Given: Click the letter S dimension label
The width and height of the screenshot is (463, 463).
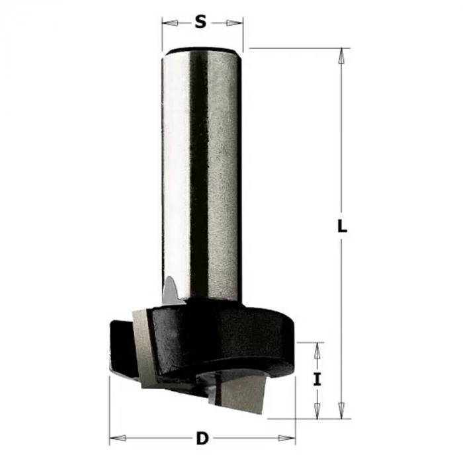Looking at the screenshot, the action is coord(200,22).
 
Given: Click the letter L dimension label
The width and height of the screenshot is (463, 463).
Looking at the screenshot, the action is coord(342,226).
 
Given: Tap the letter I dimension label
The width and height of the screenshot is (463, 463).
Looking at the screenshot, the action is coord(317,380).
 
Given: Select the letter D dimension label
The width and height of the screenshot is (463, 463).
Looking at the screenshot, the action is coord(202,438).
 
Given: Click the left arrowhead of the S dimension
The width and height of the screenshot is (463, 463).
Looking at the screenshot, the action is coord(171,22).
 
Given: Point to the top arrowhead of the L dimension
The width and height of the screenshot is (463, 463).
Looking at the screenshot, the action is coord(342,56).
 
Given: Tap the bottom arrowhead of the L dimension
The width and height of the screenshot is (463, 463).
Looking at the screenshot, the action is coord(342,411).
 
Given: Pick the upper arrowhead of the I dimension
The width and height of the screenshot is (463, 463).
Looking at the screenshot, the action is coord(317,351).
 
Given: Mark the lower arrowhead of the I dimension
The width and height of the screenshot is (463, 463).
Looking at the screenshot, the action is coord(317,411).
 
